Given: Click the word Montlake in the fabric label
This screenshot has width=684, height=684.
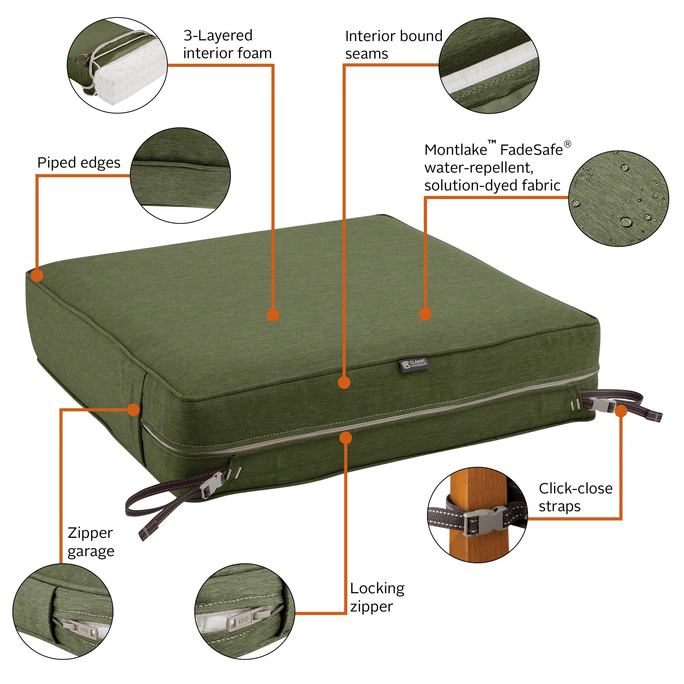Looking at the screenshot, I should (456, 150).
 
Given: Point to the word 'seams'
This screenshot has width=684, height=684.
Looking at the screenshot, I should (366, 54).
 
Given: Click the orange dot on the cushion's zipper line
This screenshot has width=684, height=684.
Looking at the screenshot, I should (346, 437).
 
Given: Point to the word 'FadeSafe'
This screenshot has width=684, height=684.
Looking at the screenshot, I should (531, 150).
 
